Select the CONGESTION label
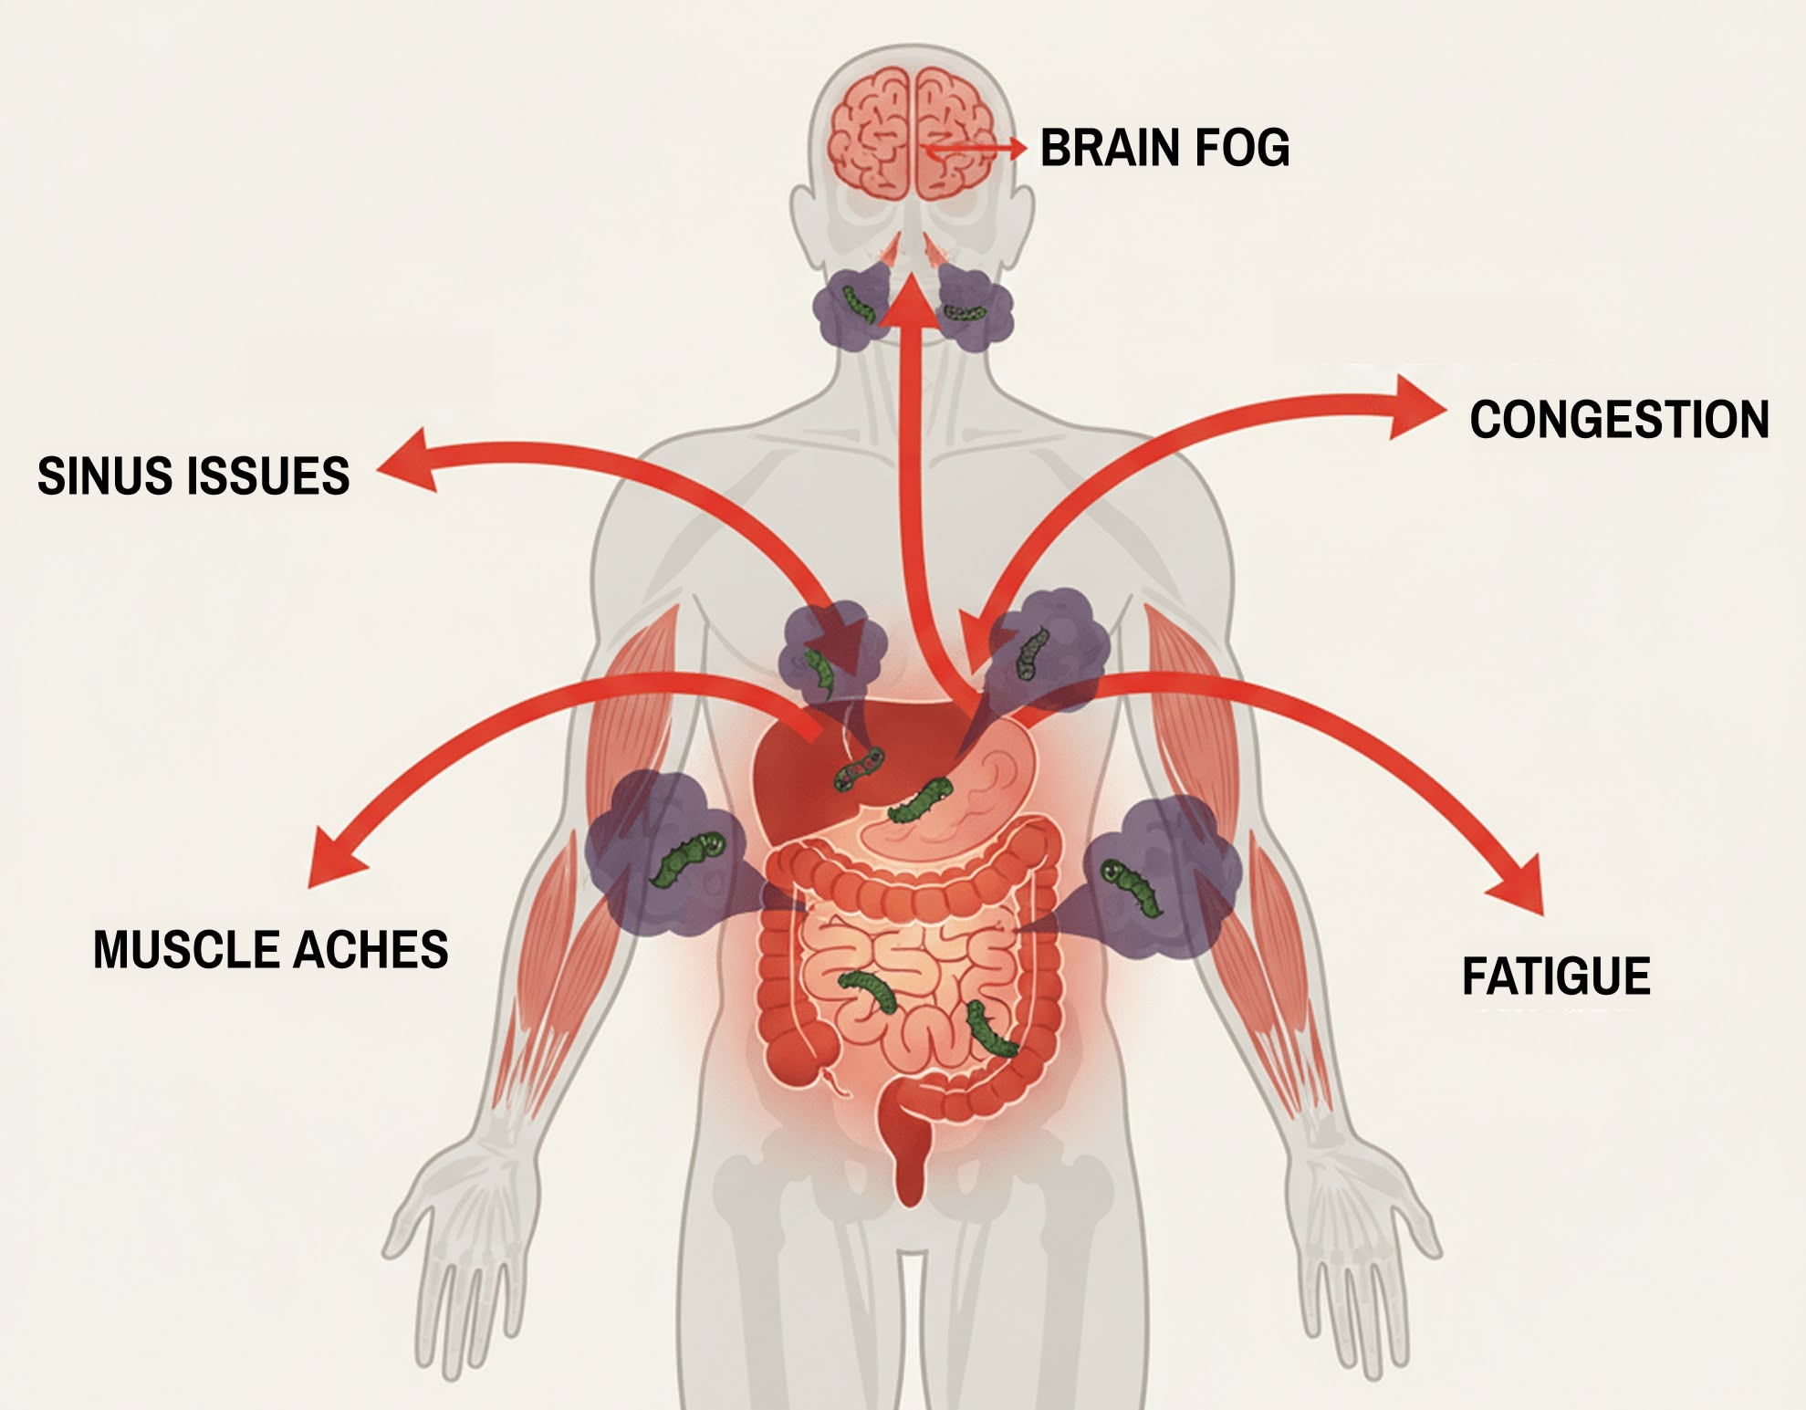(1619, 420)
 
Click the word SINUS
(98, 475)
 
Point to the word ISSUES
(263, 475)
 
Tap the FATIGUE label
(1556, 977)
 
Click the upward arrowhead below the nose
(910, 300)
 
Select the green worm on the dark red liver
(859, 768)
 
